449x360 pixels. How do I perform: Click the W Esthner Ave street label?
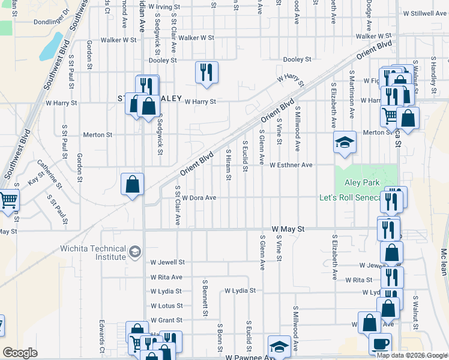pos(291,165)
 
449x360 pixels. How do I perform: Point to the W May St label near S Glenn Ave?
pos(288,229)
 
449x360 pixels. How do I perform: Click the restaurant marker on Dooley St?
pos(205,73)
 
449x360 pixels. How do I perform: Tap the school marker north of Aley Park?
pos(345,143)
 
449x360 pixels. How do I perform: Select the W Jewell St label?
pos(167,262)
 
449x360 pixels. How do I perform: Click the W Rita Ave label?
pos(166,277)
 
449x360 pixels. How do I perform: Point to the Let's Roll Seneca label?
pos(351,198)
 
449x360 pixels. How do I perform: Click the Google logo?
pos(20,353)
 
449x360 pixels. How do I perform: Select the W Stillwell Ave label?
pos(425,13)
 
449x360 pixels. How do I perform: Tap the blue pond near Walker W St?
pos(53,46)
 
